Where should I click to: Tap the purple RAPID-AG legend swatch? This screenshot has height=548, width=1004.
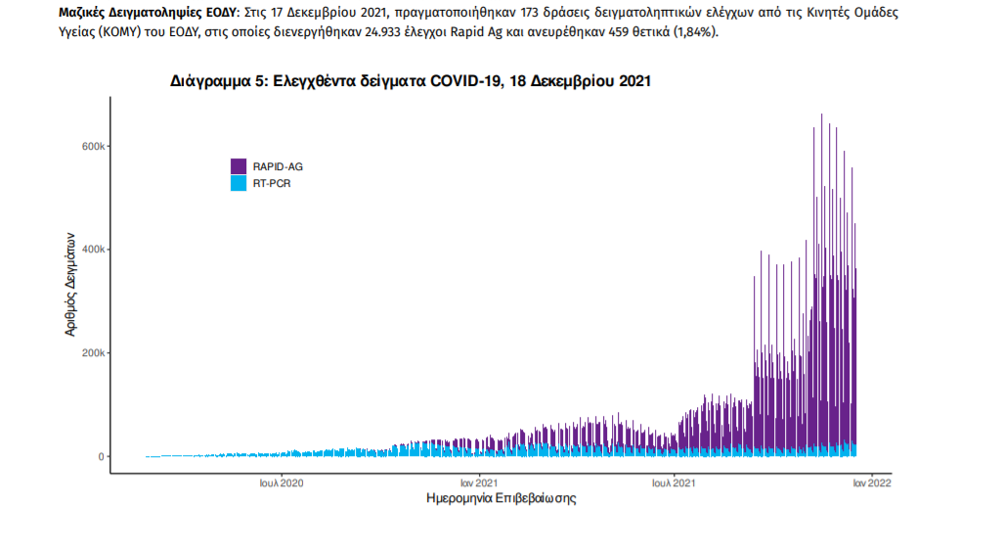pos(238,166)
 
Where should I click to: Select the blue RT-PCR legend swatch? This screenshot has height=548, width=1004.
pos(238,183)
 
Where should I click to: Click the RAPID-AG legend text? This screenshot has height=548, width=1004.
pos(271,166)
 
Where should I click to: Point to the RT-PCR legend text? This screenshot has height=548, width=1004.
pos(269,183)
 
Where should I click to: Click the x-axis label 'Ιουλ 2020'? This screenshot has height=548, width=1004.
pos(282,482)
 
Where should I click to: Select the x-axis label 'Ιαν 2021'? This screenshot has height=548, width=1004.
pos(480,482)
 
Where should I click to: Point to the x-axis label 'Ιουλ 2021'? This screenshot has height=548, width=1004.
pos(674,482)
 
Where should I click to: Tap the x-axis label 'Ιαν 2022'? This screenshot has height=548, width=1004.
pos(869,482)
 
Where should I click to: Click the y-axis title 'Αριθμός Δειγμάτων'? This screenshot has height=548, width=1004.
pos(70,285)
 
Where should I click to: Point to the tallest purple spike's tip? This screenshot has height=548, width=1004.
pos(821,114)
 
